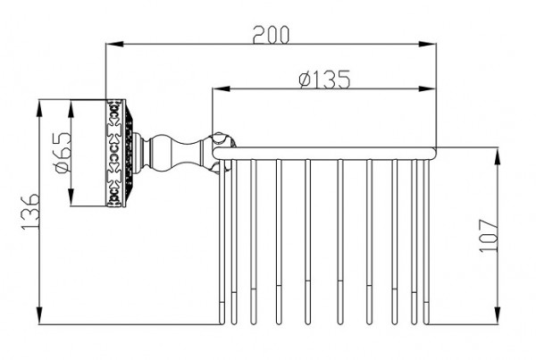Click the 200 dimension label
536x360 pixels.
(x=271, y=35)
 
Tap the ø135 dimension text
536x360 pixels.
(x=325, y=80)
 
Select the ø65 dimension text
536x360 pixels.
(x=63, y=153)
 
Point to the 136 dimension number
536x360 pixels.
(x=30, y=212)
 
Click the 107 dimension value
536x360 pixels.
(x=488, y=236)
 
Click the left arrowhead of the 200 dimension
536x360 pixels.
(x=114, y=44)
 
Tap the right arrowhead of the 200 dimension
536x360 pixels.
(x=428, y=44)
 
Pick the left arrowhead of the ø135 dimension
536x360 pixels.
(x=221, y=89)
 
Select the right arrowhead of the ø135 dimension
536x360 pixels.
(x=427, y=89)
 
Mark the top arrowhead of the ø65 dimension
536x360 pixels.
(x=71, y=109)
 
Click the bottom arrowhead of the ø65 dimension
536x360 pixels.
(x=71, y=197)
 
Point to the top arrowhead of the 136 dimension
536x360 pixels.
(x=39, y=109)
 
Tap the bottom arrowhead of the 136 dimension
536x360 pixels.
(x=39, y=315)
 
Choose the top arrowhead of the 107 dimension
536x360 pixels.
(x=497, y=157)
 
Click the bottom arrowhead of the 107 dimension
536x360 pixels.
(x=497, y=315)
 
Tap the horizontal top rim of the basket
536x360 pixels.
(x=324, y=154)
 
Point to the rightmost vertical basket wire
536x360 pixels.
(x=426, y=242)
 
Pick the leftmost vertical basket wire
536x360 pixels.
(x=222, y=242)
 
